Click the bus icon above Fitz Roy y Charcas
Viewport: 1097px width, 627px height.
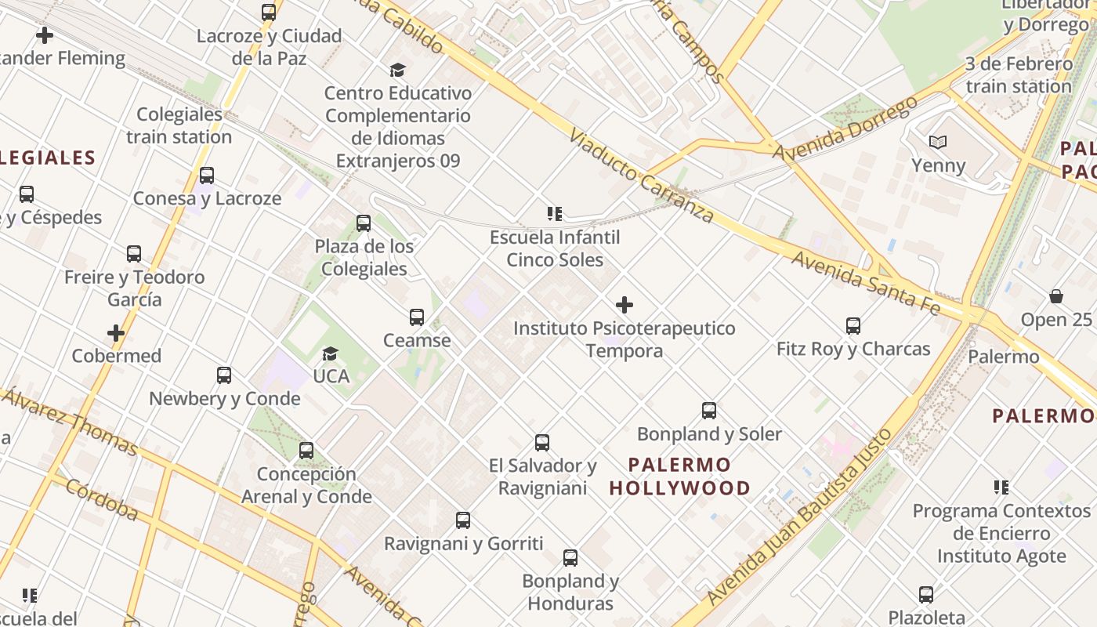(x=853, y=325)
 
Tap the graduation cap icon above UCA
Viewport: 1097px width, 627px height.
(x=331, y=353)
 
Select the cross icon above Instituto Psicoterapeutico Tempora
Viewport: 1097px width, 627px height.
(x=625, y=305)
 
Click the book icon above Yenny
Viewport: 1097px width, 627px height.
(x=938, y=143)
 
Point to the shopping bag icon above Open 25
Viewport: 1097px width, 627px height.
(x=1056, y=296)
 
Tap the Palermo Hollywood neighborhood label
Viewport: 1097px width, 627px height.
(x=679, y=477)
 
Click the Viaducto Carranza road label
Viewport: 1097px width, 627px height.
(x=641, y=176)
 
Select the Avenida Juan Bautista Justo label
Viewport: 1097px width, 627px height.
(x=799, y=519)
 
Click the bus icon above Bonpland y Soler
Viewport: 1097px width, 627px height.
(x=709, y=411)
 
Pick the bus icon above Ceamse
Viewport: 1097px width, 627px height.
(x=417, y=317)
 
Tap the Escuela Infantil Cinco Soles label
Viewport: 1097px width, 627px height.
(x=555, y=248)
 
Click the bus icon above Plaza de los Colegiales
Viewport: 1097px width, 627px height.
(x=364, y=223)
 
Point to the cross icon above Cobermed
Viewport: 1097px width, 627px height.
(x=116, y=333)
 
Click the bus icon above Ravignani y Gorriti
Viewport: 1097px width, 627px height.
(x=463, y=520)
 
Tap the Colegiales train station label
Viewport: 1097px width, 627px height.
(x=179, y=125)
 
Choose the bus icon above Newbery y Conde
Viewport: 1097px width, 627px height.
(x=224, y=375)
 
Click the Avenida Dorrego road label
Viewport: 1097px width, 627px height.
(x=844, y=128)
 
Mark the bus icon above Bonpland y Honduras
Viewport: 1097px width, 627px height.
(x=570, y=558)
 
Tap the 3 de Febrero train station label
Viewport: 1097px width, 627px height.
(x=1018, y=74)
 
